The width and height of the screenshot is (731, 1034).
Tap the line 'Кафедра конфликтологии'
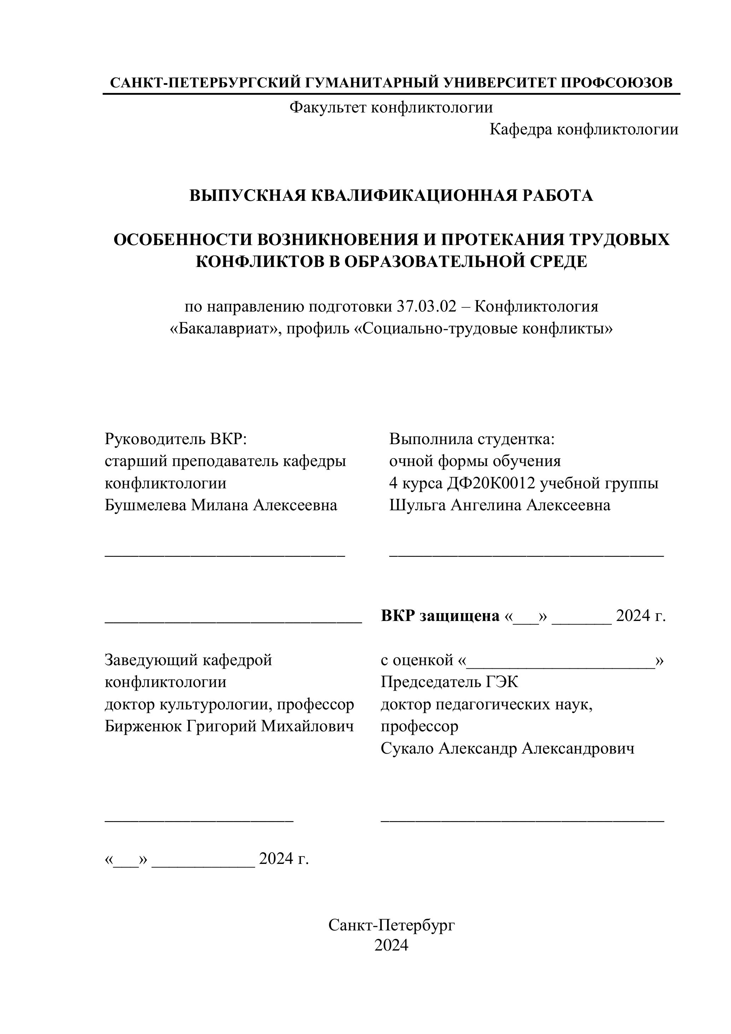584,129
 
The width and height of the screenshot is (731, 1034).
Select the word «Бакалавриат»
224,329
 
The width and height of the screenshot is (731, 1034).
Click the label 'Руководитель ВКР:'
176,438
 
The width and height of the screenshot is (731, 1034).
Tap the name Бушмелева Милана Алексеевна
221,505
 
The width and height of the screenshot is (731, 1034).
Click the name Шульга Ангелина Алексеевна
499,505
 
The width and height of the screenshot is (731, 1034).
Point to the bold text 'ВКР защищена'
440,615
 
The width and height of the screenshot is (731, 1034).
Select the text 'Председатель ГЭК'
449,682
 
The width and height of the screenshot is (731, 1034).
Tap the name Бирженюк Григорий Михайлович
229,726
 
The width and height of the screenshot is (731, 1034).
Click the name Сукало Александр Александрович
507,748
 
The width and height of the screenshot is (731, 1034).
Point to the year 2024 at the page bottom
391,945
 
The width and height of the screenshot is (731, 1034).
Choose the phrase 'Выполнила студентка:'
472,438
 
